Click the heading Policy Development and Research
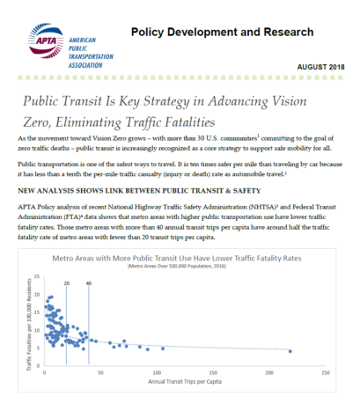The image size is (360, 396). [x=221, y=33]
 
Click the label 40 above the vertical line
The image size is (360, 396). [x=89, y=282]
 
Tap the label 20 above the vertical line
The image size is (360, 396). [x=66, y=282]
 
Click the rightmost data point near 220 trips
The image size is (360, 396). [x=290, y=351]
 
